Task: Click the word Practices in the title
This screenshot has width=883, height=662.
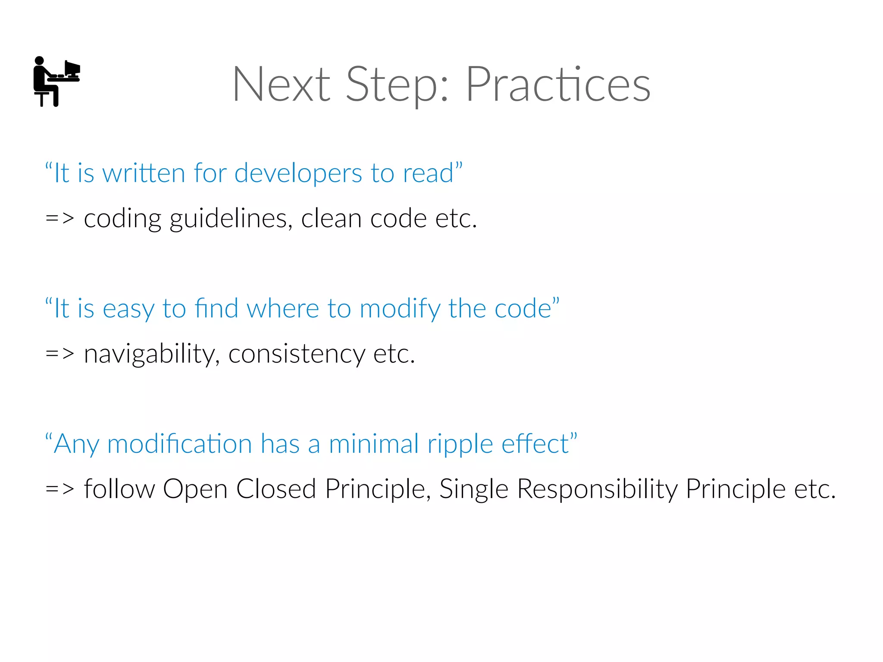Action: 558,85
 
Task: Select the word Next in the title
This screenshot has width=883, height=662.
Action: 282,85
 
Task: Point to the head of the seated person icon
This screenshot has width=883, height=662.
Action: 39,61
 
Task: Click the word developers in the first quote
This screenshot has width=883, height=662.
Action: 298,174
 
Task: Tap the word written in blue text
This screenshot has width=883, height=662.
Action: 144,174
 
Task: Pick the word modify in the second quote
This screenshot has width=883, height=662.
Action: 400,309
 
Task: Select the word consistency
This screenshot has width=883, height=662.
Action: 297,355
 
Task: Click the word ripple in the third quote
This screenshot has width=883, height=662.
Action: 460,445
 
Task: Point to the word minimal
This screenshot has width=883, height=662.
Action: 373,444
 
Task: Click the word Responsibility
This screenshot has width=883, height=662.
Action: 598,489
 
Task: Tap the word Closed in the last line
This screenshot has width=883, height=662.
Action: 276,489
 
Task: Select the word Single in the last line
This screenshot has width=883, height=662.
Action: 474,489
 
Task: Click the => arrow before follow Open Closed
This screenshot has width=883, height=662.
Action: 60,489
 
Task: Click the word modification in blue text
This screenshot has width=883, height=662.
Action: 180,444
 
